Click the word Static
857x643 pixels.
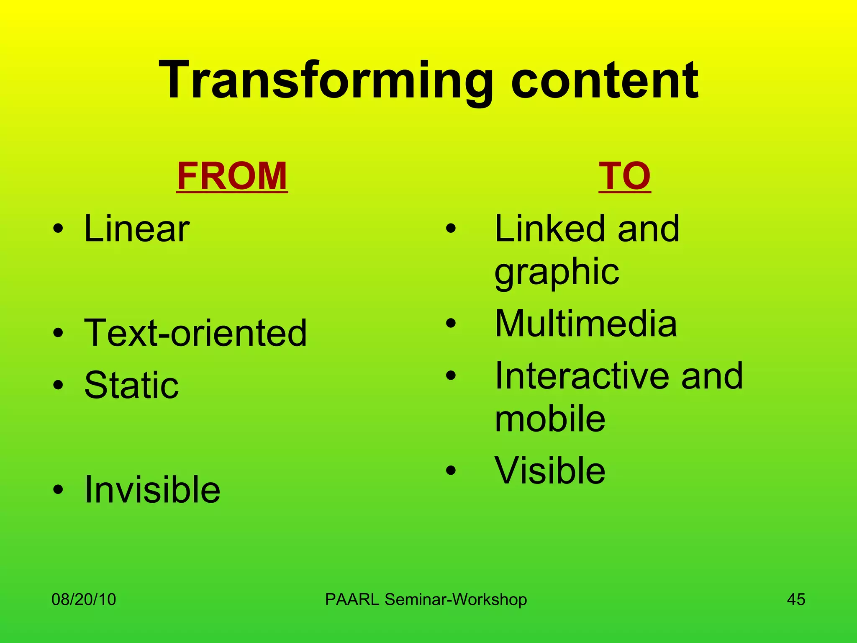coord(131,385)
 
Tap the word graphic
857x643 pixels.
coord(557,272)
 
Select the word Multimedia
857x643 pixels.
coord(585,323)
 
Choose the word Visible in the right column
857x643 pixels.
coord(550,471)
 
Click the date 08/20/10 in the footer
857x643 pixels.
coord(84,599)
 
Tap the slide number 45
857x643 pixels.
coord(796,599)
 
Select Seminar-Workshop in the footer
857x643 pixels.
coord(455,599)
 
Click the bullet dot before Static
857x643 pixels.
coord(58,385)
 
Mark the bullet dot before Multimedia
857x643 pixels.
coord(450,323)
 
